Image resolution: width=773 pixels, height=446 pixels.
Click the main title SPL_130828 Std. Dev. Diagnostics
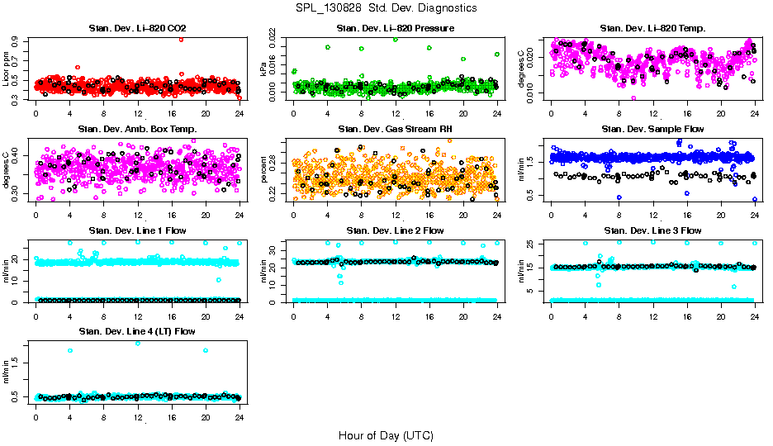coord(386,7)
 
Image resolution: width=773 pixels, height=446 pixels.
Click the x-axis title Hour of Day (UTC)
coord(386,434)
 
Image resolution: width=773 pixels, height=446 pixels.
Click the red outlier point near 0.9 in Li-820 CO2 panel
coord(182,39)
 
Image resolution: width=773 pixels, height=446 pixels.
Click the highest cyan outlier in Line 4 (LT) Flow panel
coord(137,343)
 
